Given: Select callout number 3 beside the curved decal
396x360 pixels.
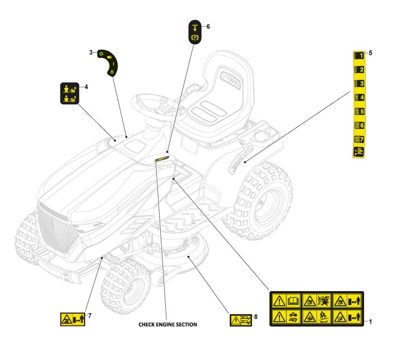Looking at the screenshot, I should pyautogui.click(x=91, y=52).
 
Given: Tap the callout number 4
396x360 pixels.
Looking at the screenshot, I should pyautogui.click(x=86, y=87).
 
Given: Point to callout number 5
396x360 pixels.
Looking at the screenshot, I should pyautogui.click(x=370, y=53).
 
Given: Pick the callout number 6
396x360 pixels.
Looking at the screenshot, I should pyautogui.click(x=208, y=26).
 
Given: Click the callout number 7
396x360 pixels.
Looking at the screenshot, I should pyautogui.click(x=89, y=315).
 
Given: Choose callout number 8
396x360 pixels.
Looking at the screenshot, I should pyautogui.click(x=256, y=316).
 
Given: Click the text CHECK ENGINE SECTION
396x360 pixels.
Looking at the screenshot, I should pyautogui.click(x=167, y=324).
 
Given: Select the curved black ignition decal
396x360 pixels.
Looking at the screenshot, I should pyautogui.click(x=110, y=62).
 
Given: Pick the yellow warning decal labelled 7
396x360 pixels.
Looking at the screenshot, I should pyautogui.click(x=71, y=320).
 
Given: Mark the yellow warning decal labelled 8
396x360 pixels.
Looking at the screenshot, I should pyautogui.click(x=240, y=320).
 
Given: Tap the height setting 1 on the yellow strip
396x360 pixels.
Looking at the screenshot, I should pyautogui.click(x=359, y=56).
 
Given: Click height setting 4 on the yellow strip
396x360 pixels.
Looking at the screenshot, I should pyautogui.click(x=359, y=97).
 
